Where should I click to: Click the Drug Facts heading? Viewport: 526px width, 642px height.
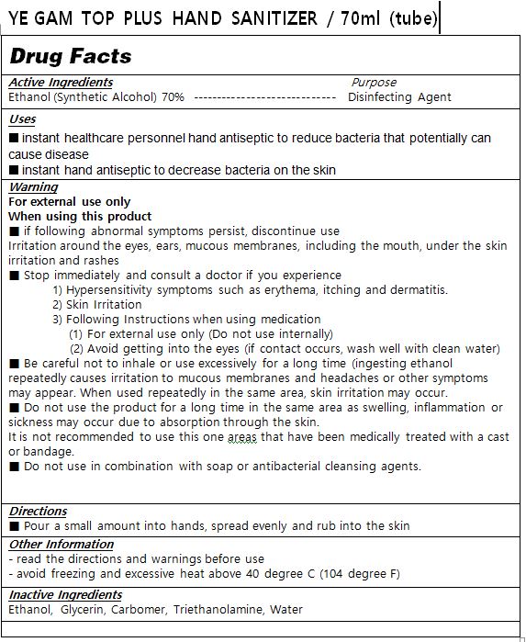[x=71, y=55]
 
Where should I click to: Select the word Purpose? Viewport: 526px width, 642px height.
[x=374, y=83]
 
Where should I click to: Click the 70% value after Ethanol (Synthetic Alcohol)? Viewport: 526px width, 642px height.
[x=173, y=96]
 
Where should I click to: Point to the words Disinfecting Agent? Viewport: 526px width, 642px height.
[x=399, y=96]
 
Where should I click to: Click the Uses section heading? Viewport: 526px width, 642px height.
[x=22, y=119]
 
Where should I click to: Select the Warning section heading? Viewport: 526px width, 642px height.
[x=33, y=187]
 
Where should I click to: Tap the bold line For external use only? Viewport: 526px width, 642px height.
[x=69, y=202]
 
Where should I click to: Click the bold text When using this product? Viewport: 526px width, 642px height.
[x=80, y=217]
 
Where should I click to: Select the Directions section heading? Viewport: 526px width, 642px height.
[x=38, y=511]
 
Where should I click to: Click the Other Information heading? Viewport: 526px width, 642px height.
[x=61, y=544]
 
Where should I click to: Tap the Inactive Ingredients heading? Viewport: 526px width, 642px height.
[x=64, y=595]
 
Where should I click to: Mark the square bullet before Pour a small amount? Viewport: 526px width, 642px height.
[x=14, y=526]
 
